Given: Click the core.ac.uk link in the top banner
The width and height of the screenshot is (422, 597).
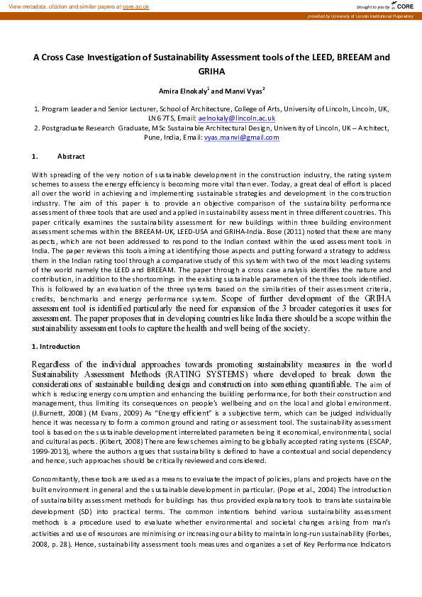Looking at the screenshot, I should [136, 6].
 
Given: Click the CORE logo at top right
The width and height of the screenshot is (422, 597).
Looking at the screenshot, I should [404, 6].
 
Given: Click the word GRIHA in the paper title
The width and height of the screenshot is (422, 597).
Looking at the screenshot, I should [211, 72].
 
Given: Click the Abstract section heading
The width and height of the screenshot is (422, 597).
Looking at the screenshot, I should [71, 156].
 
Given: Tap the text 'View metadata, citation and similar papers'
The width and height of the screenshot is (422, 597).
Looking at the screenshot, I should [60, 6].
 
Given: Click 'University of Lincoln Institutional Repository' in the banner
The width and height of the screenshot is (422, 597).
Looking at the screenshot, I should [373, 16].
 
